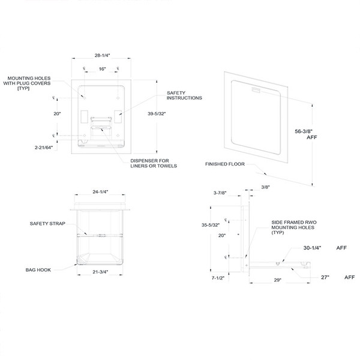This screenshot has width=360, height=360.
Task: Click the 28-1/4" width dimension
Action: (101, 55)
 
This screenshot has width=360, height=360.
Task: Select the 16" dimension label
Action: (103, 70)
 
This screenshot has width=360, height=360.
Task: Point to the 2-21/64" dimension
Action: (35, 146)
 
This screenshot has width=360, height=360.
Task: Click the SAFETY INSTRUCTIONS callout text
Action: (182, 95)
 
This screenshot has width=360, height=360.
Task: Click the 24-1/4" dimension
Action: (100, 193)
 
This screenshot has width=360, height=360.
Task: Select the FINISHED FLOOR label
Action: (223, 163)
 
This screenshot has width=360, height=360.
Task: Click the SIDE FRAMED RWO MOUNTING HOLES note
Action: (277, 227)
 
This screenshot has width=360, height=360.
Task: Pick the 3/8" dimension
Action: (264, 187)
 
